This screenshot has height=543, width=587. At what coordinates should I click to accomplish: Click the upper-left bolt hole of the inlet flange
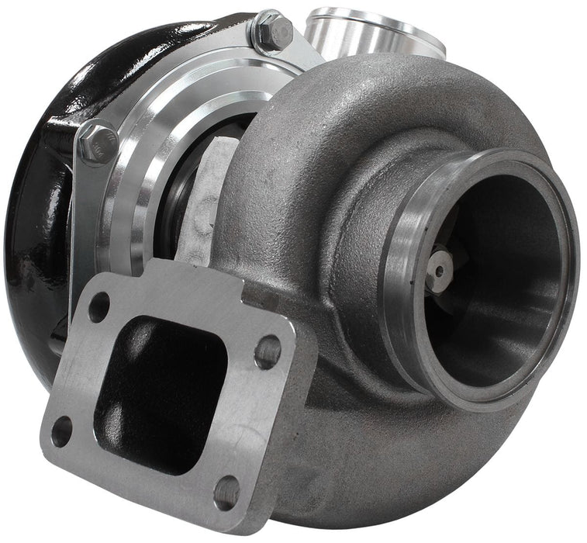[98, 307]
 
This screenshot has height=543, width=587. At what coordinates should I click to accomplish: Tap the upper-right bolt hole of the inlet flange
[268, 351]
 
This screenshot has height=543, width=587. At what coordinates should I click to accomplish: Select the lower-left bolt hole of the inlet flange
[61, 431]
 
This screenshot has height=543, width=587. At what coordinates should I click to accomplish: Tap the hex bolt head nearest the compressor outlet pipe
[274, 32]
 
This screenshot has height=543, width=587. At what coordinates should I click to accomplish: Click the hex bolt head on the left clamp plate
[97, 144]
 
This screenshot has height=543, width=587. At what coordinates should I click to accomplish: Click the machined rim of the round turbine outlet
[403, 310]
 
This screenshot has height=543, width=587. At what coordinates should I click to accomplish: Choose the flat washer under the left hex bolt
[92, 159]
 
